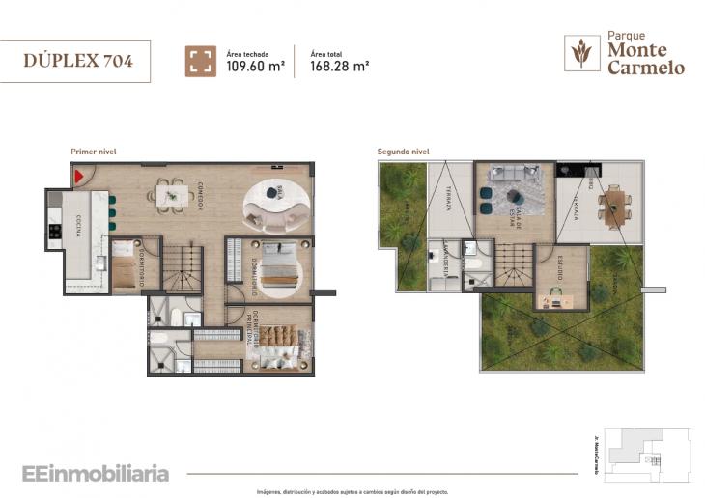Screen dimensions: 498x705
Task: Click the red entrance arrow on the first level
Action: pyautogui.click(x=80, y=177)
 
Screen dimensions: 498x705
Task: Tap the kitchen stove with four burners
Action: pyautogui.click(x=54, y=232)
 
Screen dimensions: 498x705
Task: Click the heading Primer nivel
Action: pyautogui.click(x=94, y=152)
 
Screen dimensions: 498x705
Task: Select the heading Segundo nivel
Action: pyautogui.click(x=403, y=152)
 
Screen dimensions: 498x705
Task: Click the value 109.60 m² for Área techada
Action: pyautogui.click(x=255, y=67)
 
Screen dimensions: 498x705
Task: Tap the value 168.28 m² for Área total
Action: pyautogui.click(x=340, y=67)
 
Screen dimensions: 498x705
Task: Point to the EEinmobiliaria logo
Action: pyautogui.click(x=96, y=474)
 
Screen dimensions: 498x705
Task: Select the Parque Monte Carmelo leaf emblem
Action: pyautogui.click(x=581, y=54)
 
